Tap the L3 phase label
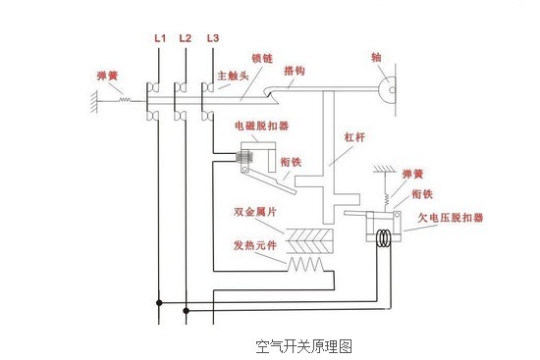212,38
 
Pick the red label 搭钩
294,71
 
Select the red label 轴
377,57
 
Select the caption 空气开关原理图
303,346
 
